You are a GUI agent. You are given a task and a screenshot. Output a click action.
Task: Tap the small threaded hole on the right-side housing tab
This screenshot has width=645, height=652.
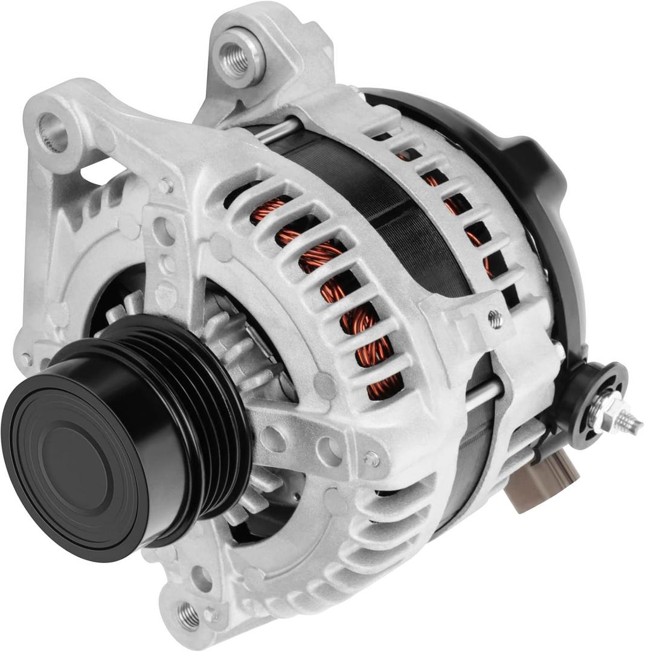tap(495, 320)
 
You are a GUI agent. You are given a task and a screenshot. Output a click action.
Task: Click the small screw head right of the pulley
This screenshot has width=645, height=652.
tap(370, 459)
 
